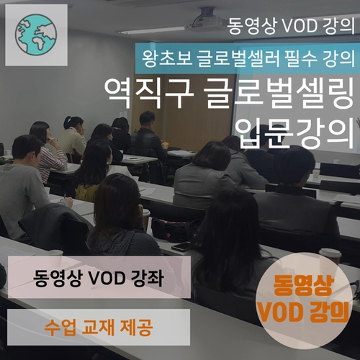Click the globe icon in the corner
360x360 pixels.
click(35, 33)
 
